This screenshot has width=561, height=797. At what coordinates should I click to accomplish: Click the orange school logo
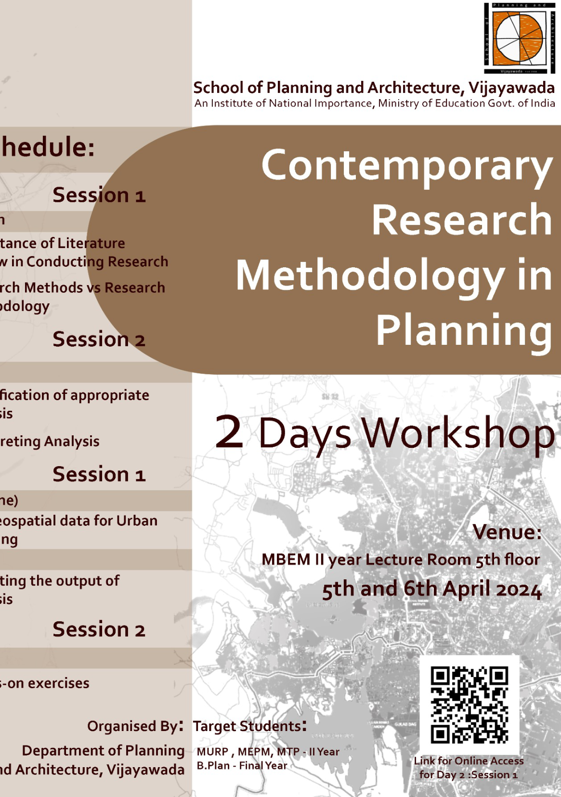[x=519, y=39]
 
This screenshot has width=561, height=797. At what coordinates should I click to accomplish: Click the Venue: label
[x=507, y=532]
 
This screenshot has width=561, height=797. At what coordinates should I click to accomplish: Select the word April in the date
[x=465, y=590]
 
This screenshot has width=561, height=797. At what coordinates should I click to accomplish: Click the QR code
[x=470, y=705]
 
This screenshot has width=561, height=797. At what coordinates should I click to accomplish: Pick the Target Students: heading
[x=249, y=726]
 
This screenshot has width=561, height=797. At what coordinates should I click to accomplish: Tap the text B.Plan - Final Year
[x=242, y=766]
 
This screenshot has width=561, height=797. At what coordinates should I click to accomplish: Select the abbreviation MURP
[x=212, y=752]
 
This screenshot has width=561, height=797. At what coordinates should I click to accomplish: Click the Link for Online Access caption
[x=469, y=761]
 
